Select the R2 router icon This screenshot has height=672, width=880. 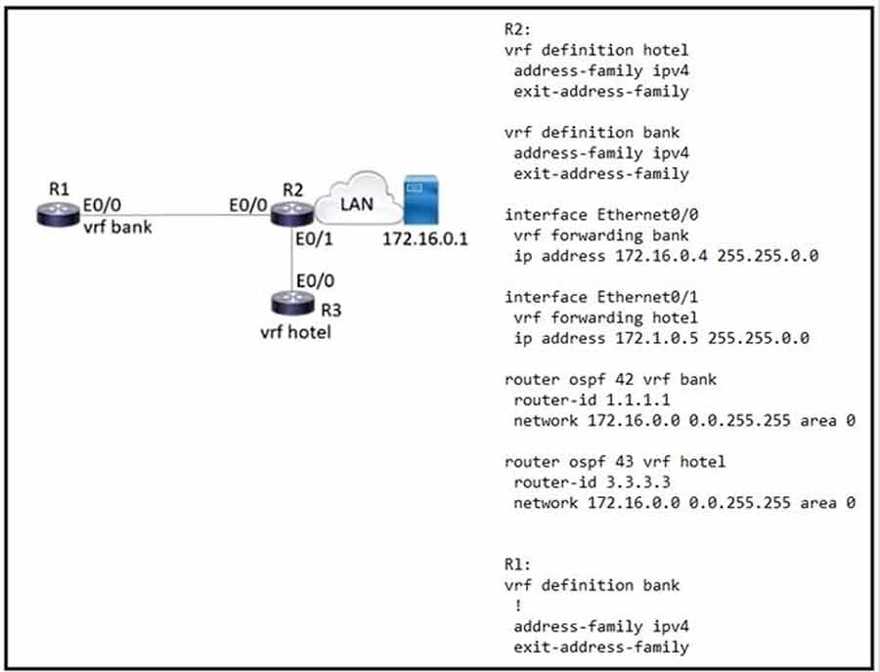(x=291, y=211)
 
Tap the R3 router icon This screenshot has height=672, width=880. (x=291, y=301)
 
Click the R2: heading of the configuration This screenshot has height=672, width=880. (x=517, y=28)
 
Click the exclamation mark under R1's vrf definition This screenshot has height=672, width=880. (x=517, y=606)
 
